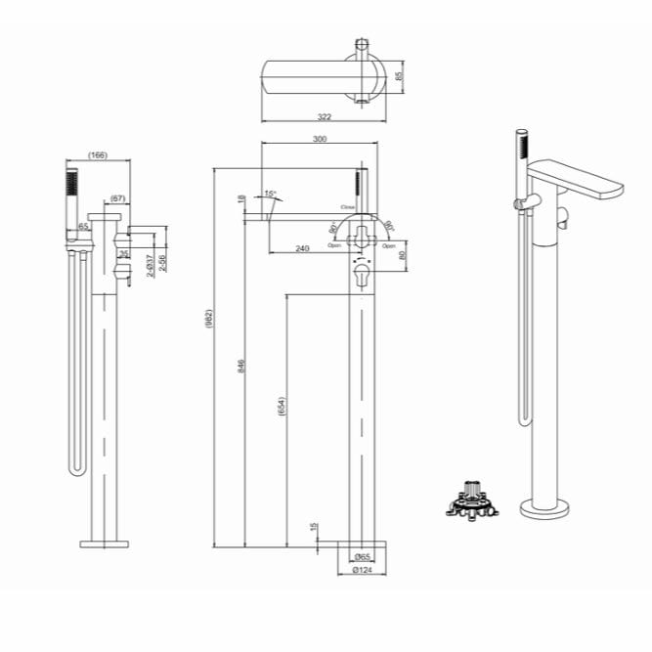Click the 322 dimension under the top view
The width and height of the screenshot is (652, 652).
pyautogui.click(x=324, y=117)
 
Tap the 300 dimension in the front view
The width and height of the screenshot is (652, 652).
pyautogui.click(x=319, y=140)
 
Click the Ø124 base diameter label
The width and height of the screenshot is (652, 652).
pyautogui.click(x=360, y=571)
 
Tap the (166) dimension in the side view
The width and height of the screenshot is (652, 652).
pyautogui.click(x=98, y=155)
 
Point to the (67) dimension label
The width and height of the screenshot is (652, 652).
pyautogui.click(x=117, y=198)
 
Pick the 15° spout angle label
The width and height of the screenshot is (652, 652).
pyautogui.click(x=270, y=194)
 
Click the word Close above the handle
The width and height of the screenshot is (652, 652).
pyautogui.click(x=347, y=207)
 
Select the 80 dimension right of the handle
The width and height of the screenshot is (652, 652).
pyautogui.click(x=403, y=256)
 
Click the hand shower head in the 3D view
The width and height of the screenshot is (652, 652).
pyautogui.click(x=521, y=151)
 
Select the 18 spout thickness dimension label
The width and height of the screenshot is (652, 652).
pyautogui.click(x=241, y=200)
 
